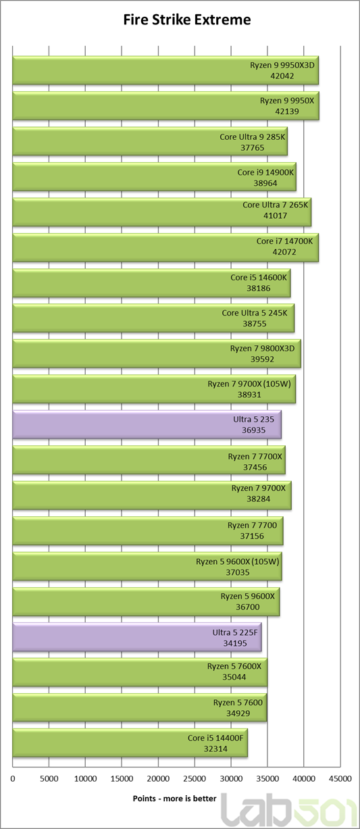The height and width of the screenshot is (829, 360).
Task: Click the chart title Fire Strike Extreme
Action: [x=187, y=20]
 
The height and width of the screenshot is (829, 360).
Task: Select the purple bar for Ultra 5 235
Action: [x=147, y=424]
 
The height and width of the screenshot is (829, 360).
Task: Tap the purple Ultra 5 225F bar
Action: [x=137, y=637]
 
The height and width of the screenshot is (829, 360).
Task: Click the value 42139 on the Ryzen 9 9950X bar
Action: [x=287, y=111]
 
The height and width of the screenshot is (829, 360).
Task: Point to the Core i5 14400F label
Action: [x=215, y=738]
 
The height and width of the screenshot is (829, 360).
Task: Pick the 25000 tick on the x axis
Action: [x=195, y=779]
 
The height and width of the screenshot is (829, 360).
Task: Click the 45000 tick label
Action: [x=340, y=779]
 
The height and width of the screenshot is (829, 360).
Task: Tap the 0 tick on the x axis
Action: [x=13, y=779]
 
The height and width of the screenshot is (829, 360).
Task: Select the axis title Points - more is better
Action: [x=174, y=799]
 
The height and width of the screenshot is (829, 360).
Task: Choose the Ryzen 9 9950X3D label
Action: [x=282, y=65]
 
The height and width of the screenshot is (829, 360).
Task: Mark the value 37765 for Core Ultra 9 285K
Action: [x=253, y=148]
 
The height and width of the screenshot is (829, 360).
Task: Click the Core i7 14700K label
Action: [x=284, y=241]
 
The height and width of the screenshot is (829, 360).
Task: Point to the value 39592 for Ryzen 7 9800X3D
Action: [x=262, y=359]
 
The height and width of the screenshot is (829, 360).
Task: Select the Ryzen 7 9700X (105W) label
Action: [x=249, y=384]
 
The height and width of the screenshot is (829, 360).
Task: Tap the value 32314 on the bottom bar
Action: [x=215, y=749]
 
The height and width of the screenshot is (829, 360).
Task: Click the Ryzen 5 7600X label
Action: [x=234, y=666]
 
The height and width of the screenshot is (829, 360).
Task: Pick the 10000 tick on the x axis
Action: [x=86, y=779]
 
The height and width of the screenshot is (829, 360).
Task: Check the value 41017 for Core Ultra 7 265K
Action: [x=275, y=216]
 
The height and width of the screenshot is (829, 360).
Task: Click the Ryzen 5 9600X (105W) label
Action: [x=238, y=561]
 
